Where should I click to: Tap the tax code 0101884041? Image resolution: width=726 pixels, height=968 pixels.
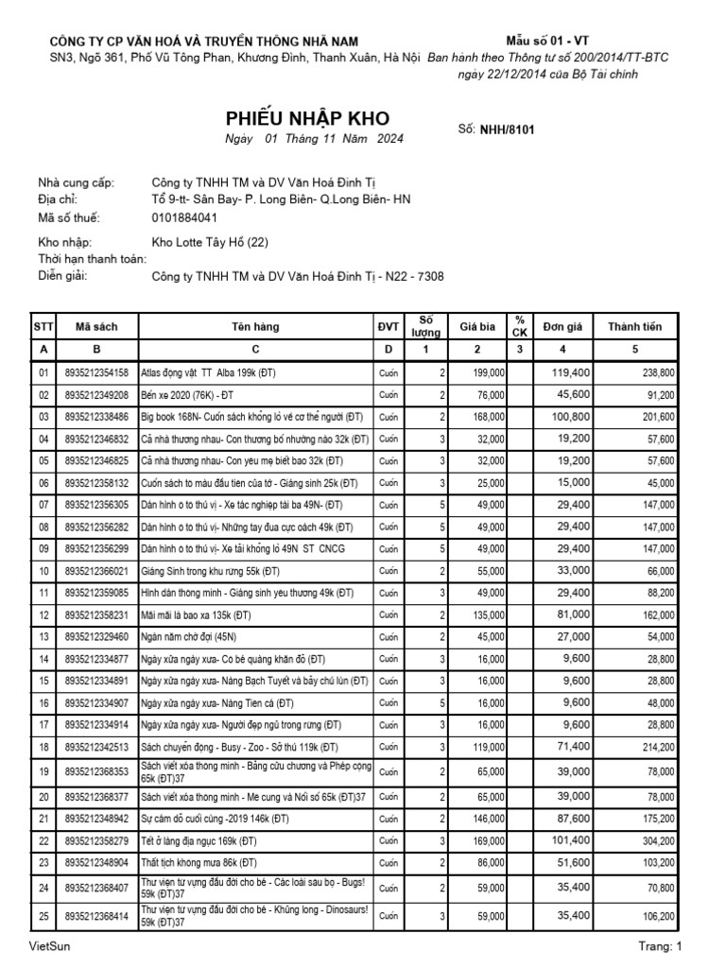(x=190, y=216)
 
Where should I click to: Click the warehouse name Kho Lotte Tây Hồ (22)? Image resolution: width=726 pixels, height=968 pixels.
(x=211, y=243)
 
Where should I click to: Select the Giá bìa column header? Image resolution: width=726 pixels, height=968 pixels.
(x=477, y=326)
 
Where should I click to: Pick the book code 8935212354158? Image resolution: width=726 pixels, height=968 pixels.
(x=96, y=373)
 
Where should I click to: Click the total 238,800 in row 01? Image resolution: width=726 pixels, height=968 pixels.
(x=654, y=373)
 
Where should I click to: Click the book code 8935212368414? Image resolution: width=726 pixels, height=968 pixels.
(x=96, y=915)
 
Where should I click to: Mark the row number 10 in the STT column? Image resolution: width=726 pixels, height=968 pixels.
(x=43, y=572)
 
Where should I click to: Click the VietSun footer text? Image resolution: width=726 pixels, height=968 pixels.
(x=49, y=946)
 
